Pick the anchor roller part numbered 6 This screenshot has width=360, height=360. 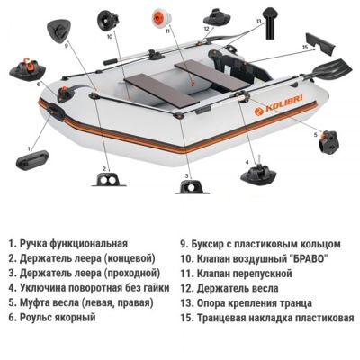[23, 70]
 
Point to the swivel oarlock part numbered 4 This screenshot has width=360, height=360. [255, 172]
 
